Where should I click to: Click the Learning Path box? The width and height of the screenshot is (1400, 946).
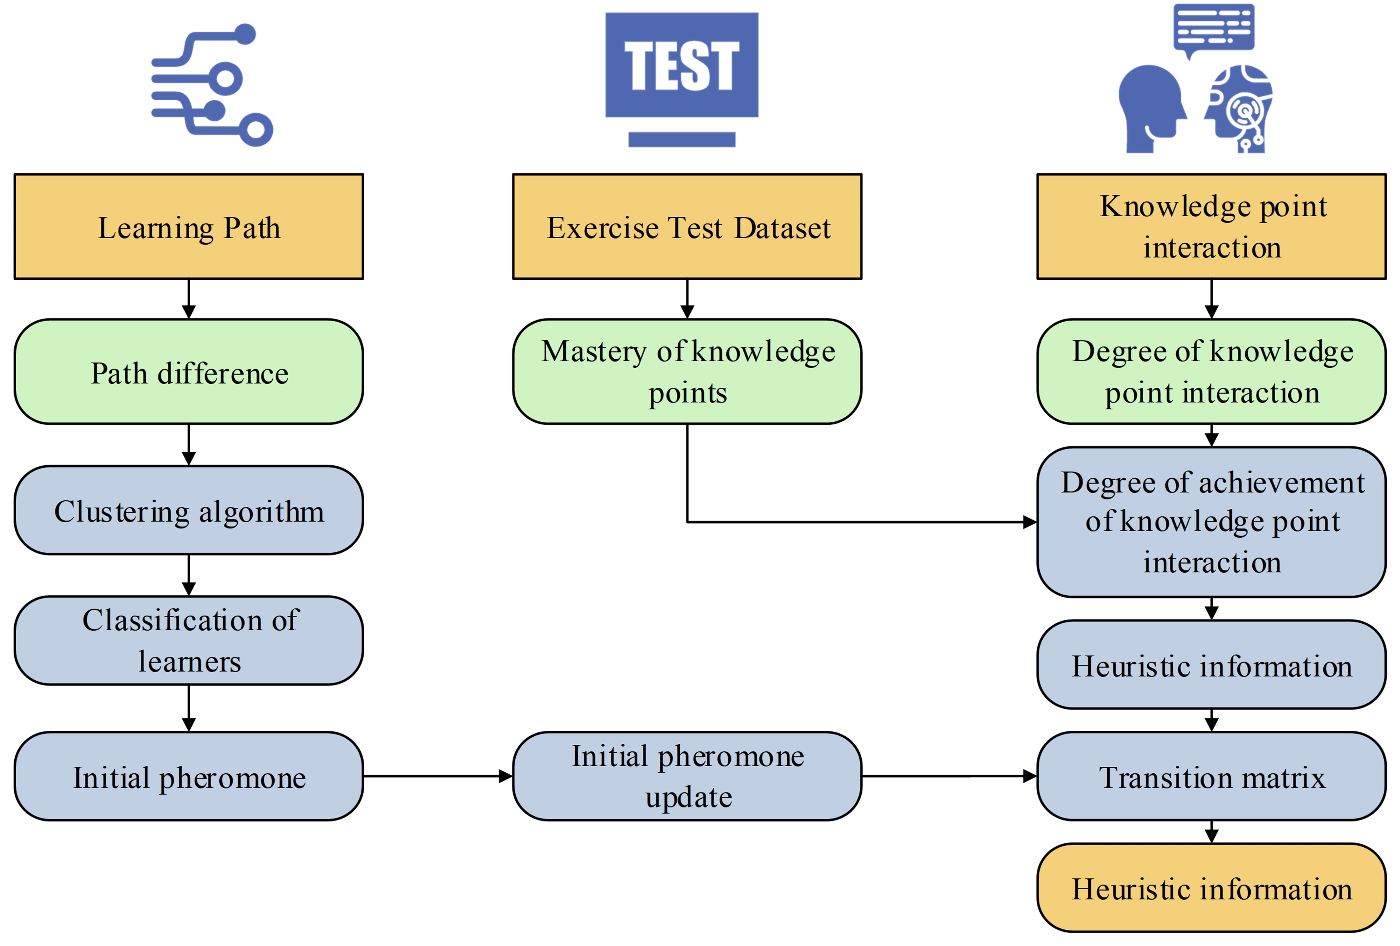[x=189, y=227]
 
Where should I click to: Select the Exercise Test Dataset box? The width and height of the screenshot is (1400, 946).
[x=687, y=227]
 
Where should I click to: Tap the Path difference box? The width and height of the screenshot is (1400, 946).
[x=189, y=372]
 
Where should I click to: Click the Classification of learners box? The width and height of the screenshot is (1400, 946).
[x=189, y=640]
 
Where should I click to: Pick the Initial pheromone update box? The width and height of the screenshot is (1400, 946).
[x=687, y=776]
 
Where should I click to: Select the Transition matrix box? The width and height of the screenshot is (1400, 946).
[x=1211, y=776]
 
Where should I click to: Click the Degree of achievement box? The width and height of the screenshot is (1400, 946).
[x=1211, y=522]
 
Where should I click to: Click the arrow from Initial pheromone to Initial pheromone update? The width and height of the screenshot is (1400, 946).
[x=437, y=776]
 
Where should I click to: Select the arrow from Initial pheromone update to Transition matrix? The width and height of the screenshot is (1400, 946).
[x=949, y=776]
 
